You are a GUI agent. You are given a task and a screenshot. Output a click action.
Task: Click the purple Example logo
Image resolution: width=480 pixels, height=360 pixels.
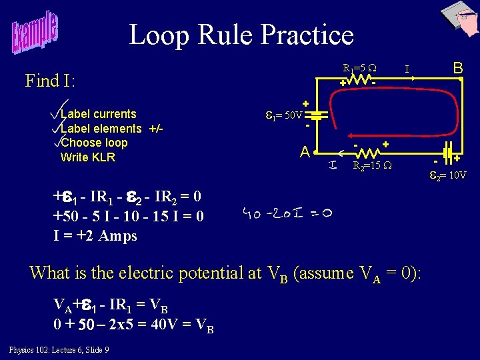34,34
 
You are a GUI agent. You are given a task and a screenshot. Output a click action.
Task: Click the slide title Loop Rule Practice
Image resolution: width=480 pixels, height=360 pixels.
241,35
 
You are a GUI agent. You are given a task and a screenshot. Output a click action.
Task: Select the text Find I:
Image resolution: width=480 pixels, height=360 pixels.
51,81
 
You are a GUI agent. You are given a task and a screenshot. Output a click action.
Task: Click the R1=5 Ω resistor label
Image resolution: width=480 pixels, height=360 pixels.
359,68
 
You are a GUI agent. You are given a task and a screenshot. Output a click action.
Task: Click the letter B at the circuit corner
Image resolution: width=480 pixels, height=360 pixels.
458,68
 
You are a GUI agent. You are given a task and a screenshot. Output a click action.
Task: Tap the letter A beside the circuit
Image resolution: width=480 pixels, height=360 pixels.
304,153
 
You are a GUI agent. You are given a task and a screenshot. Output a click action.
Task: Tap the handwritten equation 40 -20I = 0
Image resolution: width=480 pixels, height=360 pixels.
289,214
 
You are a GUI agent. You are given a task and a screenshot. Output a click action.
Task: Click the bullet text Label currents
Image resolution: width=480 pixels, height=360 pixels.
98,114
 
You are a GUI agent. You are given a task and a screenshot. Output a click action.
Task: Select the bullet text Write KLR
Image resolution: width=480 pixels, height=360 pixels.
87,158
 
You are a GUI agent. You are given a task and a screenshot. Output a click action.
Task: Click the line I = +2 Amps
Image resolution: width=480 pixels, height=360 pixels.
95,235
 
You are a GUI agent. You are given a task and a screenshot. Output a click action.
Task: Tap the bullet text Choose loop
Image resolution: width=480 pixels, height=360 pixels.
93,143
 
